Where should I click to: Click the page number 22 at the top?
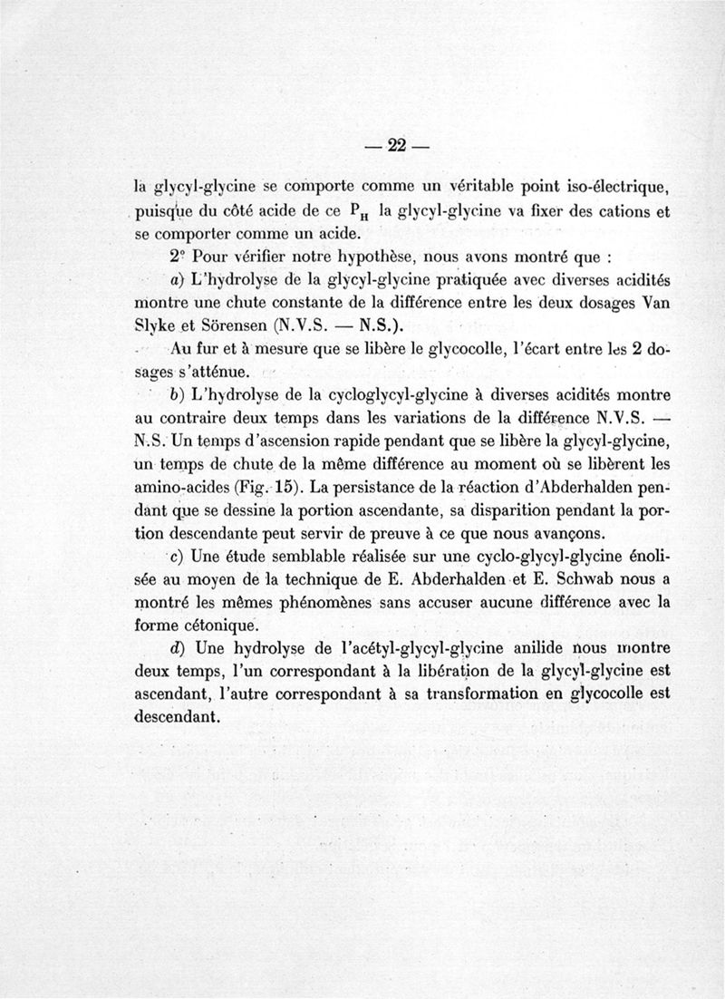tap(395, 144)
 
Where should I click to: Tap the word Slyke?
tap(155, 324)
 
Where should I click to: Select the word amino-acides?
tap(180, 486)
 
